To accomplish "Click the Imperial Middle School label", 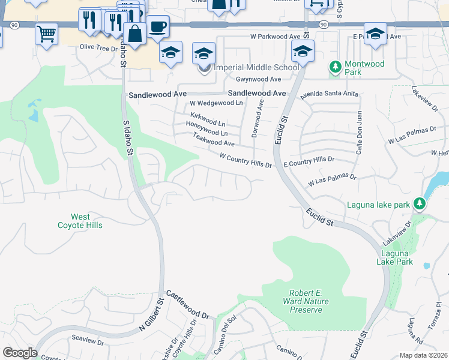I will (x=256, y=67).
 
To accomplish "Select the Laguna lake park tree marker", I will (x=421, y=204).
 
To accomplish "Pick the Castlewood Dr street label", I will (x=187, y=304).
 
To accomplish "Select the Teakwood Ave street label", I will (x=214, y=140).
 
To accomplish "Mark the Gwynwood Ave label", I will (x=259, y=79).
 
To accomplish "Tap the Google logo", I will (x=20, y=353).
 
